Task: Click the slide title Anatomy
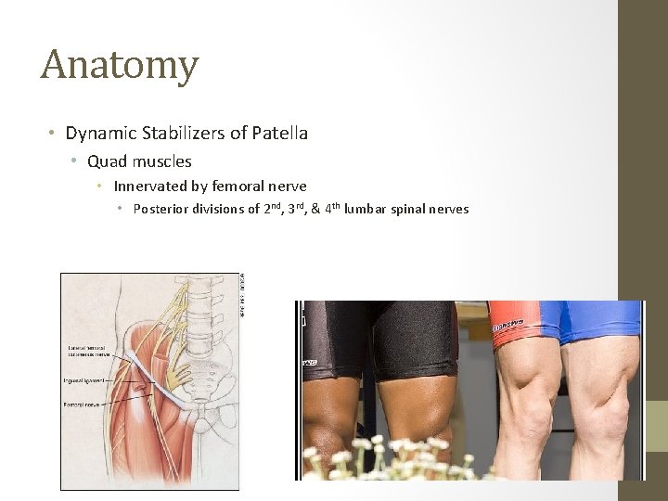click(120, 66)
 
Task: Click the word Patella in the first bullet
click(277, 134)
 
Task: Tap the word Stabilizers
click(181, 134)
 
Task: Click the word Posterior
click(162, 209)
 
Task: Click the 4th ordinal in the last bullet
click(330, 208)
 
